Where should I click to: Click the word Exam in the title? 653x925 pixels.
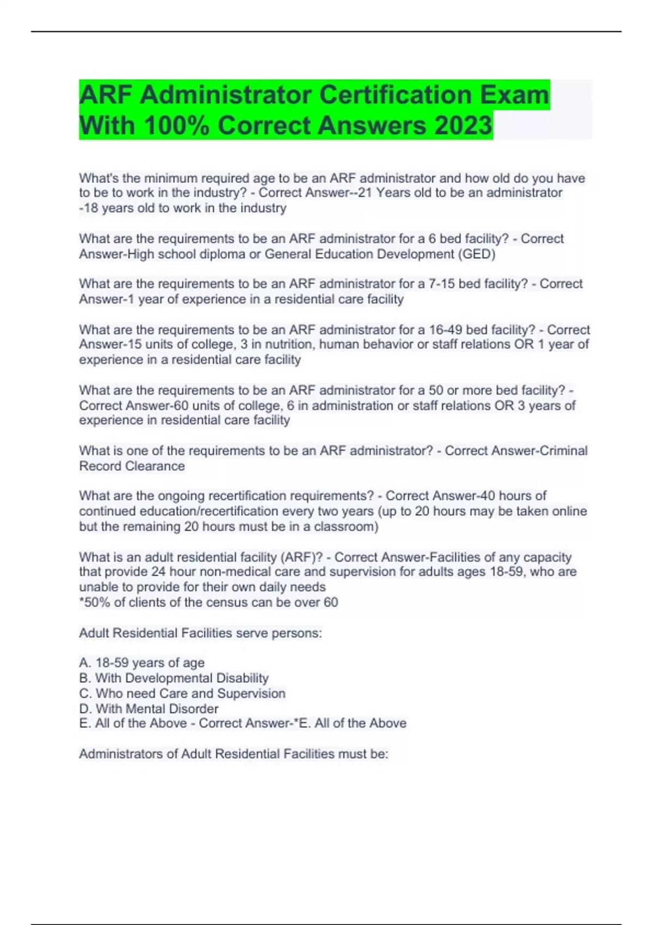click(514, 95)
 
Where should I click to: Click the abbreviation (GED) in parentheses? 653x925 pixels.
click(477, 254)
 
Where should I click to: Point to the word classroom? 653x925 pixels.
click(346, 527)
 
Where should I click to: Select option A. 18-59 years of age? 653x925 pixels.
click(142, 663)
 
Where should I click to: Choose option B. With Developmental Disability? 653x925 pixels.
click(174, 678)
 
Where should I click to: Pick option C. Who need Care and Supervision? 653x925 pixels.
click(182, 693)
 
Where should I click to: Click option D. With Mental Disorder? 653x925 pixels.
click(149, 708)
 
